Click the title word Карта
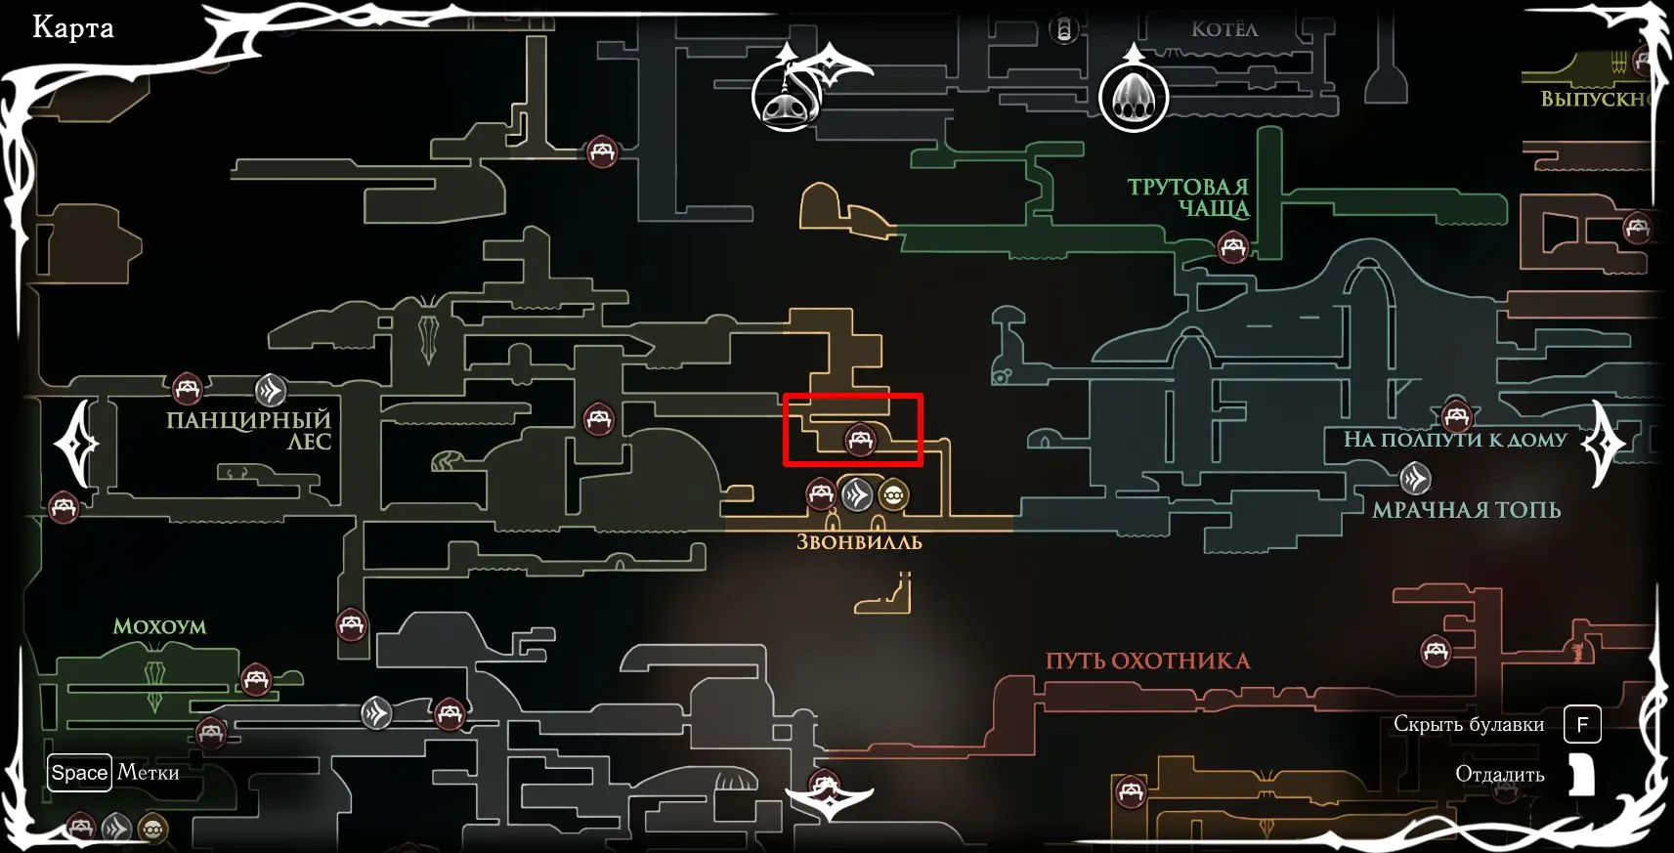click(x=73, y=27)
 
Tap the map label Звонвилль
click(x=859, y=542)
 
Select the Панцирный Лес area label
click(x=249, y=430)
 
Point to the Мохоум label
click(x=159, y=626)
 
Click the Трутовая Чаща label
click(x=1189, y=196)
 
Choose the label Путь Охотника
click(x=1147, y=661)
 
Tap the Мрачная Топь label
click(x=1466, y=510)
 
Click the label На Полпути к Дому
click(x=1454, y=440)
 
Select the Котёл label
click(x=1223, y=29)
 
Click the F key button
click(x=1582, y=724)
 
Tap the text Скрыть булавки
click(x=1468, y=724)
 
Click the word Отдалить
click(x=1499, y=775)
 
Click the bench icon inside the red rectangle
click(x=860, y=440)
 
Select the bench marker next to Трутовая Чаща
click(x=1233, y=247)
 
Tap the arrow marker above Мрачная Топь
click(x=1415, y=478)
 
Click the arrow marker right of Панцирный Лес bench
click(x=271, y=390)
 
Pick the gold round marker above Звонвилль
click(x=892, y=495)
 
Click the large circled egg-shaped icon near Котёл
click(x=1134, y=98)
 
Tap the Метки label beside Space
click(x=149, y=773)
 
